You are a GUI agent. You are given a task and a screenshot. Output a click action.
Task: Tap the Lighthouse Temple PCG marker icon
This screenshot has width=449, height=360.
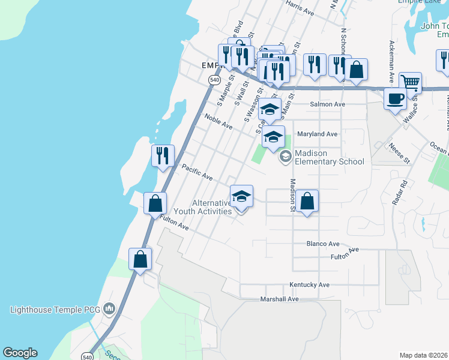click(x=109, y=309)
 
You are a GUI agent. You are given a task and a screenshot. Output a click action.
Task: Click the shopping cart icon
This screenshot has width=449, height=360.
click(x=410, y=82)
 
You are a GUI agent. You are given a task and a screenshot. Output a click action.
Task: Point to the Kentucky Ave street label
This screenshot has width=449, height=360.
click(x=310, y=284)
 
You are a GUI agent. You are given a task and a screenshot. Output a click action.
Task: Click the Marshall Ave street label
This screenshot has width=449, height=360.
click(x=279, y=299)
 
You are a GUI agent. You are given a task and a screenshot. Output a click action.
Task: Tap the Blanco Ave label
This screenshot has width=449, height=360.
click(x=323, y=244)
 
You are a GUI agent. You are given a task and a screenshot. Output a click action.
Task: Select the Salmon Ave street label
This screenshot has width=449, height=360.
click(x=327, y=104)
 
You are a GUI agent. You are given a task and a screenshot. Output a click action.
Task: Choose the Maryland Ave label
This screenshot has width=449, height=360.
click(x=317, y=134)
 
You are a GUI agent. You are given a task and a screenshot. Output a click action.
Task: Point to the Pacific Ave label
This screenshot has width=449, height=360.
click(x=197, y=173)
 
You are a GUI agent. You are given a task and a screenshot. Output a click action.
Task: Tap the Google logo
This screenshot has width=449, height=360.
click(x=20, y=353)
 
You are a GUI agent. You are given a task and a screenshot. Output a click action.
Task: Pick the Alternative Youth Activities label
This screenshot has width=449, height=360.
click(x=203, y=207)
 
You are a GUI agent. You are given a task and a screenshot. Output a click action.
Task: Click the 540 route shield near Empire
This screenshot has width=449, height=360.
click(x=214, y=79)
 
